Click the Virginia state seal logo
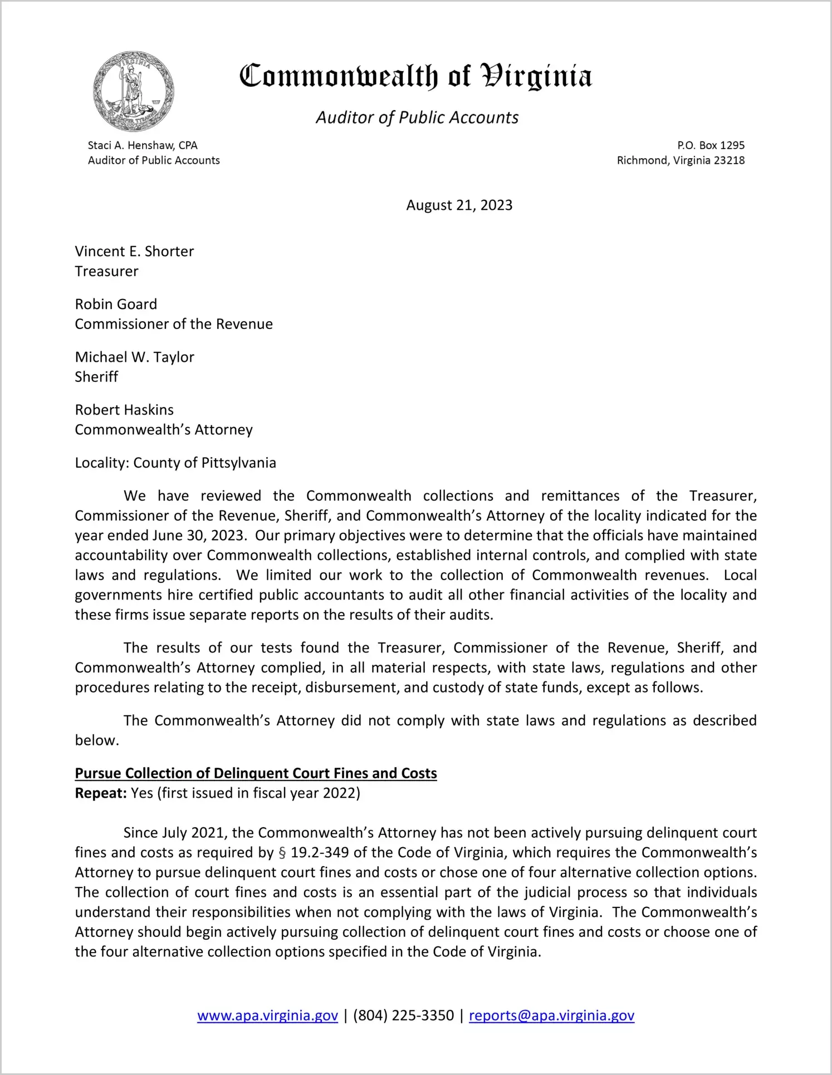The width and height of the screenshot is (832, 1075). (133, 91)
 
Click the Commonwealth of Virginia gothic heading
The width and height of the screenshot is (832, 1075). (415, 76)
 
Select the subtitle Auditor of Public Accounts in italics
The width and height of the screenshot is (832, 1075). (417, 117)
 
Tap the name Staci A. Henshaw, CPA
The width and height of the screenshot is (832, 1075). (143, 145)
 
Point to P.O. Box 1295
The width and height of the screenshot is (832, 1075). (711, 145)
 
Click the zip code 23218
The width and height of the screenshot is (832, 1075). (729, 160)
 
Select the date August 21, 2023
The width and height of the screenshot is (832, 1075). (459, 205)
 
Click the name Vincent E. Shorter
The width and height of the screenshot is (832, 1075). (134, 251)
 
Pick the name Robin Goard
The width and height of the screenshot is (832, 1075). (116, 304)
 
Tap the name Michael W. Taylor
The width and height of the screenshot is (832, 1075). (134, 357)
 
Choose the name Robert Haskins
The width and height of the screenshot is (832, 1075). (124, 410)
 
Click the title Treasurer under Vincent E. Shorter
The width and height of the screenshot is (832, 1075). (106, 271)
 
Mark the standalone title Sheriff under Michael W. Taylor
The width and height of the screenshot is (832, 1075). (96, 377)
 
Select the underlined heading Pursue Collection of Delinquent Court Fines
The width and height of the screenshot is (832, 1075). (256, 773)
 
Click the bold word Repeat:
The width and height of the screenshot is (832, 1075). (101, 793)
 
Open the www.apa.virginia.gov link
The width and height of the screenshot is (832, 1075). (267, 1015)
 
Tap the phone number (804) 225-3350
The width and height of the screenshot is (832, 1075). (403, 1015)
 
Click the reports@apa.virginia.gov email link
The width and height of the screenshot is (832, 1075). (551, 1015)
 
